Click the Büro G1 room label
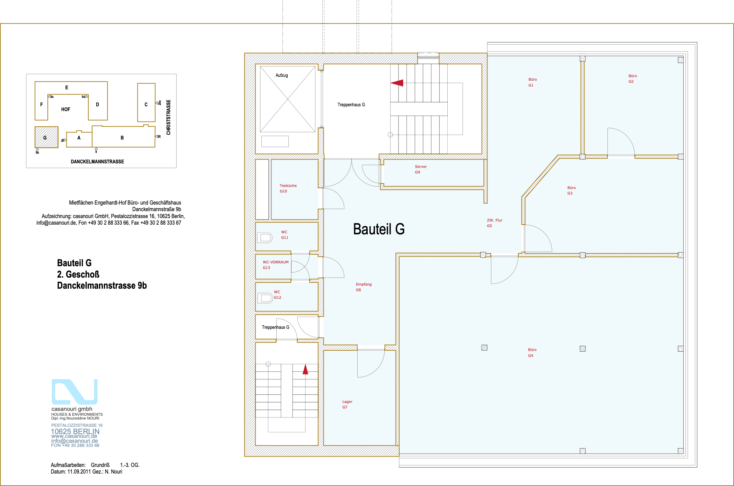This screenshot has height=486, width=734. click(532, 82)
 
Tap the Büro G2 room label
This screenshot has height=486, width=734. click(633, 79)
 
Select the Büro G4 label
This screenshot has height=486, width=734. click(532, 353)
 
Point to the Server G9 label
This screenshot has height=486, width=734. click(421, 169)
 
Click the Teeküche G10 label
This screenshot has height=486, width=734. click(288, 188)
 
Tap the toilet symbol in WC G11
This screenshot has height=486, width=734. click(265, 237)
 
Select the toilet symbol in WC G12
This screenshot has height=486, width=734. click(265, 298)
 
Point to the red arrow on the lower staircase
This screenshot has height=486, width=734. click(305, 369)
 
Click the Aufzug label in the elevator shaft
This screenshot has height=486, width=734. click(282, 75)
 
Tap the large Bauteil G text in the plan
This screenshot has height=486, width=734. click(379, 229)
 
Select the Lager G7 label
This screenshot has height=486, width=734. click(347, 404)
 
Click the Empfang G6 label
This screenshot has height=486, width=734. click(364, 287)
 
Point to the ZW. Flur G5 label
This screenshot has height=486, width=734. click(494, 223)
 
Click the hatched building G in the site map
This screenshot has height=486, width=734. click(46, 137)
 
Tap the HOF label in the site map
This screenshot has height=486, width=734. click(66, 109)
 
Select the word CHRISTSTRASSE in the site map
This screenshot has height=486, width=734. click(169, 117)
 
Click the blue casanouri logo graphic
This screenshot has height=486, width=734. click(74, 391)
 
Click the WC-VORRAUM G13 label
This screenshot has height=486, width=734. click(275, 265)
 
